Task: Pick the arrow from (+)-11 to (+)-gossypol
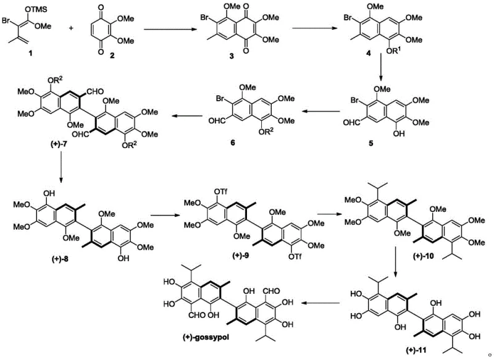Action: click(319, 303)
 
